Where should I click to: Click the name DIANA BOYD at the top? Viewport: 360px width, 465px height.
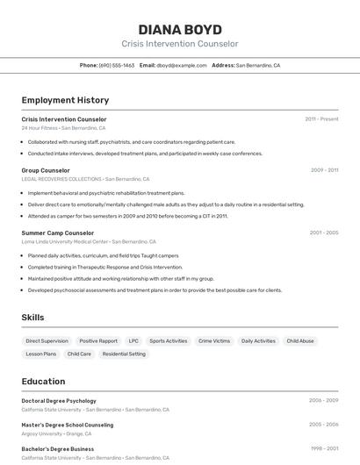tap(180, 29)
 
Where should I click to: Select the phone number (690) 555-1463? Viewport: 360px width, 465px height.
tap(117, 66)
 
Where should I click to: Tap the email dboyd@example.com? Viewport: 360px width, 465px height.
tap(182, 66)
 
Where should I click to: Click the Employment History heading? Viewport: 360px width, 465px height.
tap(65, 100)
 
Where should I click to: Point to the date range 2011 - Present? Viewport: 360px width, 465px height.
tap(321, 119)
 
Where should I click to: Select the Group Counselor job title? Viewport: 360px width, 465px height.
tap(46, 170)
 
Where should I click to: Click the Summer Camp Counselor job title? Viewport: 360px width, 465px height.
tap(58, 233)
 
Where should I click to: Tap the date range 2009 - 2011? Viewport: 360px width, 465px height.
tap(324, 170)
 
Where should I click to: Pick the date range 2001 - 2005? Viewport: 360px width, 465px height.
tap(323, 233)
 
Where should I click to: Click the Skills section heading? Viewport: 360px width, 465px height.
tap(32, 318)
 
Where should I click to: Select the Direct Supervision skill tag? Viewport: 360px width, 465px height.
tap(47, 341)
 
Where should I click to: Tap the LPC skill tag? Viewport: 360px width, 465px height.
tap(133, 341)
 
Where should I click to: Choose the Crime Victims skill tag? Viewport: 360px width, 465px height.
tap(214, 341)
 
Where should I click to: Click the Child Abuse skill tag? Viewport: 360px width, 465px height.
tap(300, 341)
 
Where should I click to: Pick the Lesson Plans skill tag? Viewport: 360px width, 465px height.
tap(40, 354)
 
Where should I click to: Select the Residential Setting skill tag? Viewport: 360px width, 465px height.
tap(124, 354)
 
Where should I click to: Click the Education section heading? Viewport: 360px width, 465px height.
tap(43, 382)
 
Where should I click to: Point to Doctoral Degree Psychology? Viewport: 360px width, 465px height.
tap(59, 401)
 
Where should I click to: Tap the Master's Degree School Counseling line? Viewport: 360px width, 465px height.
tap(68, 425)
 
